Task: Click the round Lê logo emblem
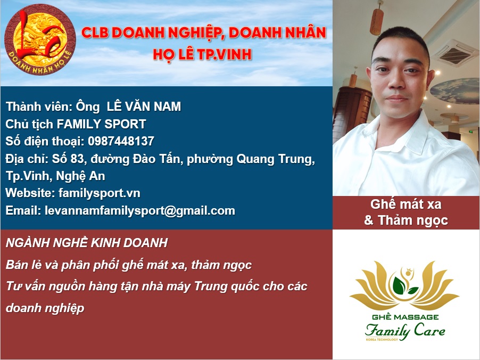[40, 39]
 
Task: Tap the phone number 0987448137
[121, 141]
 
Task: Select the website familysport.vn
[100, 193]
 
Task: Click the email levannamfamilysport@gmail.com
[140, 211]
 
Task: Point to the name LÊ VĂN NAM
[144, 107]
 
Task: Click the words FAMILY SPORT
[101, 124]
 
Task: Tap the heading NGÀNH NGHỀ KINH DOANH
[87, 243]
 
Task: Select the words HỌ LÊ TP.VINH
[202, 54]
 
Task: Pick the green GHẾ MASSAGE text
[405, 317]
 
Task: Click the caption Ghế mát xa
[406, 204]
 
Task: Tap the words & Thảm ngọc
[406, 220]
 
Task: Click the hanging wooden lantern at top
[377, 19]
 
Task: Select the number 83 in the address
[77, 159]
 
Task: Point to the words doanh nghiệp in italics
[45, 308]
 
